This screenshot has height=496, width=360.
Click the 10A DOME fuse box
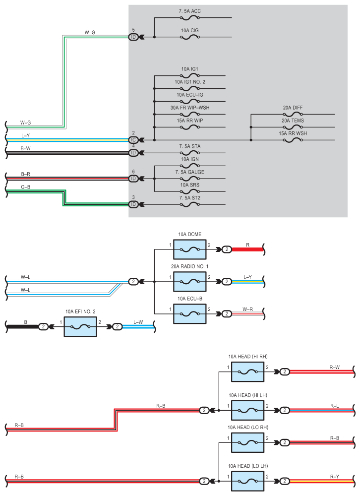190,249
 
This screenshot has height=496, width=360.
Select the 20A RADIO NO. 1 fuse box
190,282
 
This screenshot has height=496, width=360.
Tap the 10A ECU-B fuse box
190,314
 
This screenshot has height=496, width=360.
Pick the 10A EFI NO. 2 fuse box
80,327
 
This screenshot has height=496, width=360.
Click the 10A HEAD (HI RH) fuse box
248,372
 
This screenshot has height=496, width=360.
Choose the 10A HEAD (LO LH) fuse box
248,481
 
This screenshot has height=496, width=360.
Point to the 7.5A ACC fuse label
190,11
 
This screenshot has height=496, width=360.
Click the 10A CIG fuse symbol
190,37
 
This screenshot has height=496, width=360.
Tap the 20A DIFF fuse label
293,108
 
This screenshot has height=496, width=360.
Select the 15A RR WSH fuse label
293,133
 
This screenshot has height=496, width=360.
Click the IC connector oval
133,140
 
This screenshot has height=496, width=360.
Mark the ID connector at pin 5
133,37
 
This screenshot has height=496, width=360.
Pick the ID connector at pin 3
133,204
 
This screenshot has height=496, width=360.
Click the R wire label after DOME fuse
248,245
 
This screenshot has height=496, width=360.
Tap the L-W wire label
138,322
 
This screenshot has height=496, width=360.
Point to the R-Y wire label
335,477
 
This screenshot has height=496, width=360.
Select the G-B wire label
26,187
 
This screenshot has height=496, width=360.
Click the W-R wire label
248,310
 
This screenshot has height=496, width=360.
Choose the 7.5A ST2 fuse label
190,198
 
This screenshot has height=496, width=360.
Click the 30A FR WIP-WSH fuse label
190,108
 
